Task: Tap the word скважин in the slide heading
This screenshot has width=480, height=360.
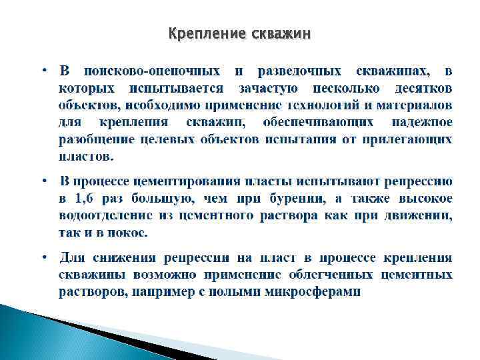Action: (281, 33)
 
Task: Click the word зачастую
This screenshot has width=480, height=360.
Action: (267, 88)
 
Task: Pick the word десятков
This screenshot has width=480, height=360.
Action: (423, 88)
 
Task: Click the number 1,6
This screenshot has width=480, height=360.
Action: (84, 199)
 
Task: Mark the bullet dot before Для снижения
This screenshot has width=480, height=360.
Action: (43, 258)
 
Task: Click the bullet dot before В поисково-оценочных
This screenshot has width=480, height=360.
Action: (43, 71)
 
